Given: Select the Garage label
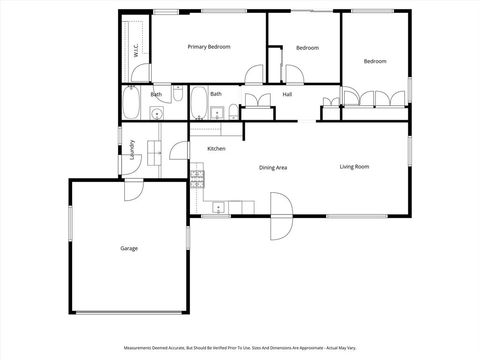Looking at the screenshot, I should point(129,248).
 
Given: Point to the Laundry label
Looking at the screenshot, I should point(132,150).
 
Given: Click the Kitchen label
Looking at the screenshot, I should point(216,149).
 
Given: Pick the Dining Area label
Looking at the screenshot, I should point(273,167).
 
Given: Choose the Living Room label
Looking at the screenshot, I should point(354,166).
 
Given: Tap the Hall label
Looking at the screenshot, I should point(287,94).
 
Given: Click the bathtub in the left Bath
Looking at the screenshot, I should point(131,103).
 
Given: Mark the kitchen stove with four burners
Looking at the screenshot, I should point(197,179).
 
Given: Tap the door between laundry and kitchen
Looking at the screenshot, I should point(179,153).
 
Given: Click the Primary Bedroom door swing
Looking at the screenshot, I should point(255,73).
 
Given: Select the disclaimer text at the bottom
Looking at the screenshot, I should point(240,348).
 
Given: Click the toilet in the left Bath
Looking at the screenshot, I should point(179,94).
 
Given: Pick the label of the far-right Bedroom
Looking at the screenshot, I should point(375,62).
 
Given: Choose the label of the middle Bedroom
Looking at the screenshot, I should point(307,48).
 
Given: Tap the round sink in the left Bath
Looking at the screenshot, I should point(156,113).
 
